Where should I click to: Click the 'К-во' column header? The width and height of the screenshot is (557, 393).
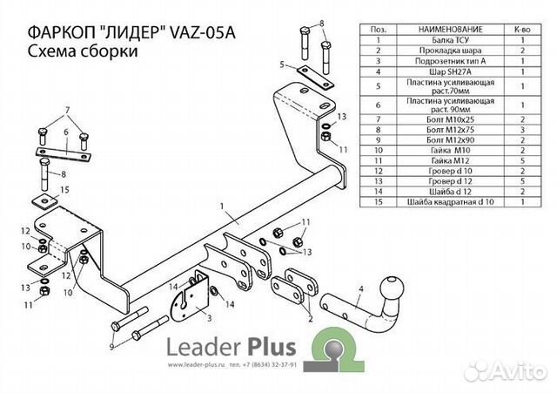[x=522, y=29]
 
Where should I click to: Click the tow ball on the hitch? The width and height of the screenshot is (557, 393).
[x=390, y=290]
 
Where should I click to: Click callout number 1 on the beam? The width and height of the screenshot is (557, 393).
[x=224, y=207]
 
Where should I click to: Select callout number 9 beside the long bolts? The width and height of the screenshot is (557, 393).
[x=111, y=347]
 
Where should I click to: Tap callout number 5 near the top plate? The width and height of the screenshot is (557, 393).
[x=282, y=64]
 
